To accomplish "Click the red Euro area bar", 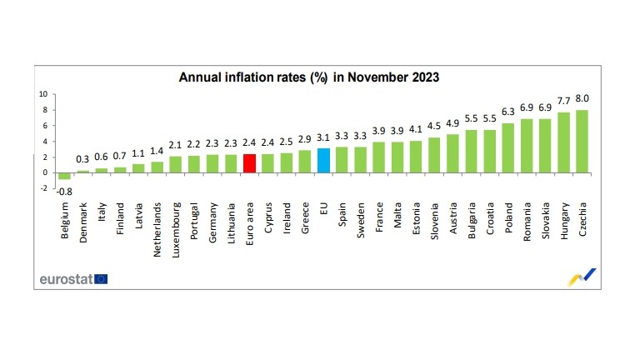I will pyautogui.click(x=249, y=162).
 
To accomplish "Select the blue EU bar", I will pyautogui.click(x=324, y=160).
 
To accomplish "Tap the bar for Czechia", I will pyautogui.click(x=582, y=141).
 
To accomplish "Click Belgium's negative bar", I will pyautogui.click(x=64, y=176).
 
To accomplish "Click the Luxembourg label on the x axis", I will pyautogui.click(x=175, y=225).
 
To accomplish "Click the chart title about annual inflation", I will pyautogui.click(x=309, y=77).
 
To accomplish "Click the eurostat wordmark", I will pyautogui.click(x=66, y=279).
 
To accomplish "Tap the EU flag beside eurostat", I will pyautogui.click(x=101, y=279).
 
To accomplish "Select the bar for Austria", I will pyautogui.click(x=452, y=153).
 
